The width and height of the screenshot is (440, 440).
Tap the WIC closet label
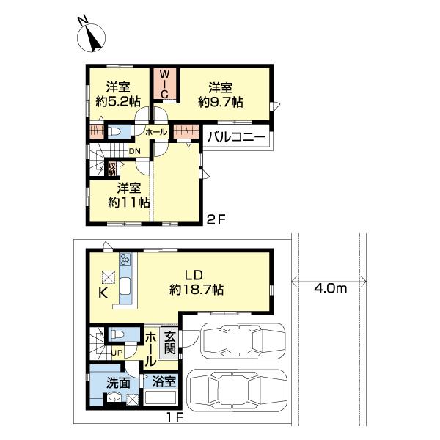[x=165, y=84]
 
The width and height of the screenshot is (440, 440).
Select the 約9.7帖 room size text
[x=220, y=102]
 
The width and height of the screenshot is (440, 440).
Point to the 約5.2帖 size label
[x=118, y=102]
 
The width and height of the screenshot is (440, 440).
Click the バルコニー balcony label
[x=236, y=137]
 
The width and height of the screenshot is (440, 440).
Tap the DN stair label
[x=134, y=151]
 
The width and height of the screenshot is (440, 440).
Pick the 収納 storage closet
[x=112, y=169]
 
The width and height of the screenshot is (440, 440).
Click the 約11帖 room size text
[x=129, y=202]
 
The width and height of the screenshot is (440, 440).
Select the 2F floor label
[x=216, y=219]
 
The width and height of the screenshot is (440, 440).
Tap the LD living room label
[x=194, y=275]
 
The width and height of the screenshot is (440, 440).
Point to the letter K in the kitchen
[x=103, y=293]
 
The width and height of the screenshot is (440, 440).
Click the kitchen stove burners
[x=125, y=260]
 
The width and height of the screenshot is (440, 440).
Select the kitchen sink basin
[x=125, y=286]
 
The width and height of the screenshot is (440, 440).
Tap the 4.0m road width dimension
[x=330, y=289]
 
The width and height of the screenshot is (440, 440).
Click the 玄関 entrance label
[x=170, y=342]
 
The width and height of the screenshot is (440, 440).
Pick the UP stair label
[x=117, y=353]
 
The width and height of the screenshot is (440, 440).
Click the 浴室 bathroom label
[x=164, y=382]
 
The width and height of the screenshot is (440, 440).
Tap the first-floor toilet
[x=119, y=334]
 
